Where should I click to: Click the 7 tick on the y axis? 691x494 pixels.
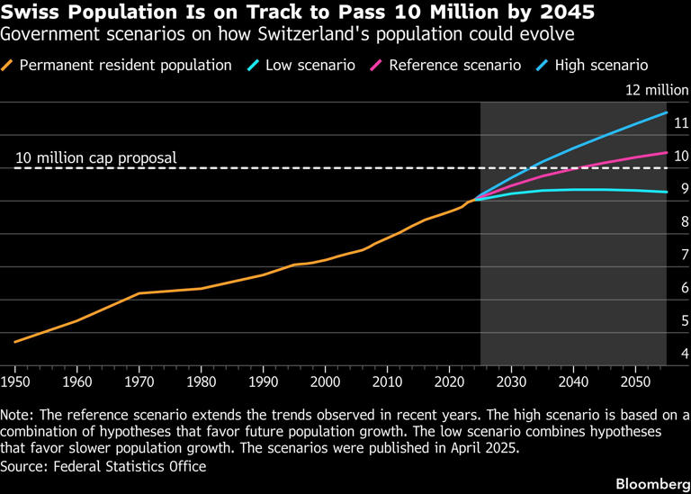pyautogui.click(x=684, y=255)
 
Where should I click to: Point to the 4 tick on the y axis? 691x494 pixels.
pyautogui.click(x=684, y=354)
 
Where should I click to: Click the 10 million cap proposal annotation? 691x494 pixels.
pyautogui.click(x=96, y=158)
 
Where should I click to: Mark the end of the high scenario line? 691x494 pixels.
pyautogui.click(x=667, y=112)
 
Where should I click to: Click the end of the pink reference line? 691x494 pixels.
pyautogui.click(x=667, y=152)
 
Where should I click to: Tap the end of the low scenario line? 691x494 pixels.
pyautogui.click(x=667, y=192)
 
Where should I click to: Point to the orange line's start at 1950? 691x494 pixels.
pyautogui.click(x=15, y=342)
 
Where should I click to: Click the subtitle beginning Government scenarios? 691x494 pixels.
pyautogui.click(x=288, y=35)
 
